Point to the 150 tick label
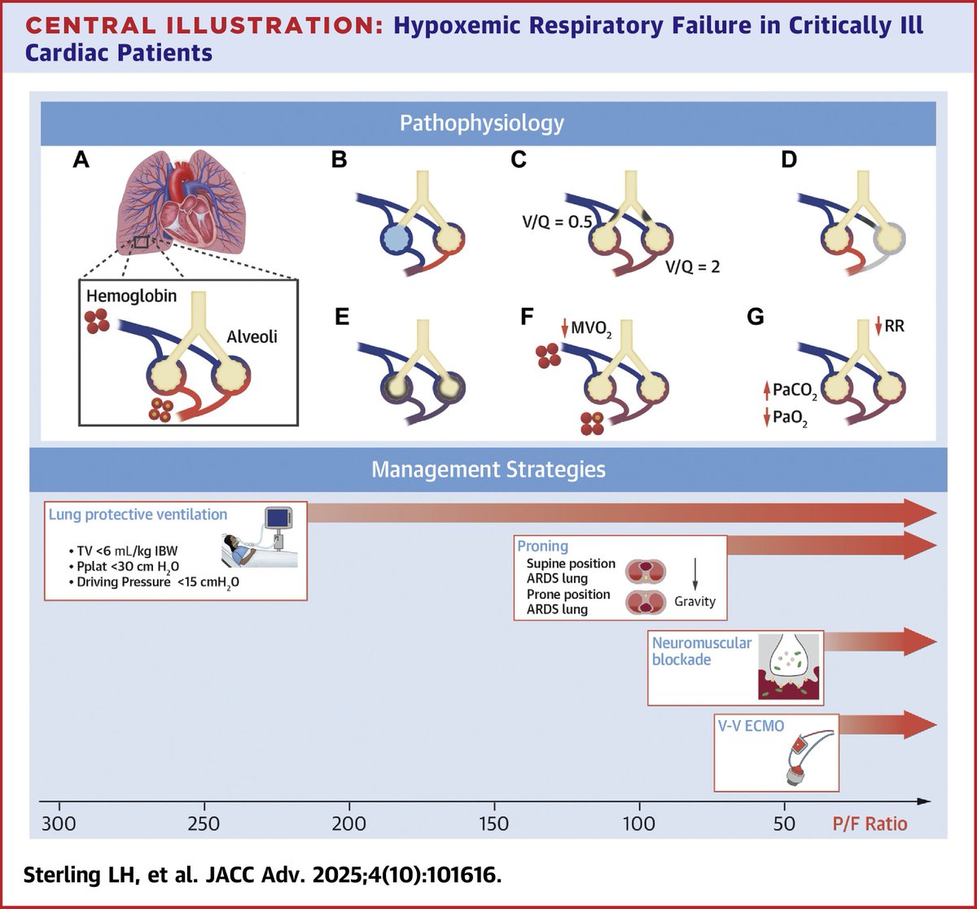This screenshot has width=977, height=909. pos(493,823)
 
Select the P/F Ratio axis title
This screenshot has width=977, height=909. pos(869,823)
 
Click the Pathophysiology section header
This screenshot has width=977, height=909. pos(481,124)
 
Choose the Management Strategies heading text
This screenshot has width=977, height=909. pos(488,470)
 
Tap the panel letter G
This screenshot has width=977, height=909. pos(756,317)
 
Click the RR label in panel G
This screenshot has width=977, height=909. pos(896,327)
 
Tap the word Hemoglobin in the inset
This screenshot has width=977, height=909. pos(131,296)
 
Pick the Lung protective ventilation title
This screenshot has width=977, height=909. pos(138,514)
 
